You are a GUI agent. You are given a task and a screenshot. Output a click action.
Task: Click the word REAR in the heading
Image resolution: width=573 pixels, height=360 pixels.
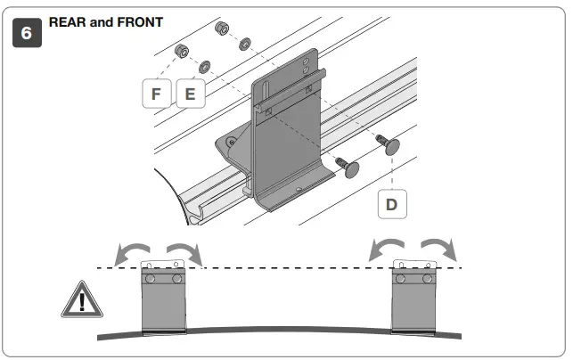[x=69, y=21]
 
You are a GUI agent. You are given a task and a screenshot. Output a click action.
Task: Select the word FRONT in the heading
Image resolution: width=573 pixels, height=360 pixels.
[x=140, y=21]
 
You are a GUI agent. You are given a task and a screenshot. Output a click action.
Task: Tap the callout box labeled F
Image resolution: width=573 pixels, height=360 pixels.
[x=157, y=93]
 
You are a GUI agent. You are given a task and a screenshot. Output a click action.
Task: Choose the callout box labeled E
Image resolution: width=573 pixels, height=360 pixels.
[x=190, y=93]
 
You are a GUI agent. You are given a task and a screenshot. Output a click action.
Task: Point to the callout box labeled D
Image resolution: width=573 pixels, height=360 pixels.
[x=391, y=203]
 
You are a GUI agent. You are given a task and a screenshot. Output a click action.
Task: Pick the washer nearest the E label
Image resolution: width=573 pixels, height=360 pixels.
[x=205, y=65]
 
